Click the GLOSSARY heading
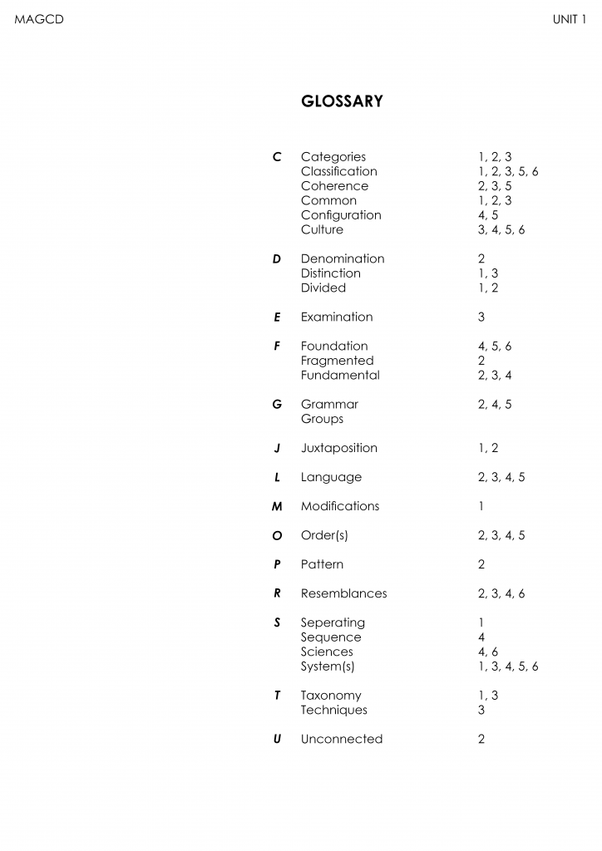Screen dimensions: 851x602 pos(341,101)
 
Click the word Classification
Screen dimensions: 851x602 pos(338,171)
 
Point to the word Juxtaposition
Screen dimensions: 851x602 pos(338,448)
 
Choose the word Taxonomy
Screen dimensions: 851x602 pos(331,696)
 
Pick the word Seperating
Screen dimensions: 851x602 pos(333,622)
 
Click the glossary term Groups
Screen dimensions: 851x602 pos(322,419)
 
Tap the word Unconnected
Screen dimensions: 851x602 pos(342,739)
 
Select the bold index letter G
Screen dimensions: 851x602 pos(277,405)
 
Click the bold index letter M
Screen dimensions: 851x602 pos(277,506)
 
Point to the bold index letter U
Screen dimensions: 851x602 pos(277,739)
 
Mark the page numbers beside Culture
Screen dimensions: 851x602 pos(501,229)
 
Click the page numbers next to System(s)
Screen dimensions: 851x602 pos(508,667)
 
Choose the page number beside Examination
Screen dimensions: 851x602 pos(481,317)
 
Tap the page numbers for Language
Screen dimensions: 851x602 pos(501,477)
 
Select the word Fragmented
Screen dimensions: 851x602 pos(337,361)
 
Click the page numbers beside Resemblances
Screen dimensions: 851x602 pos(501,593)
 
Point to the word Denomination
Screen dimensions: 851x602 pos(343,258)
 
